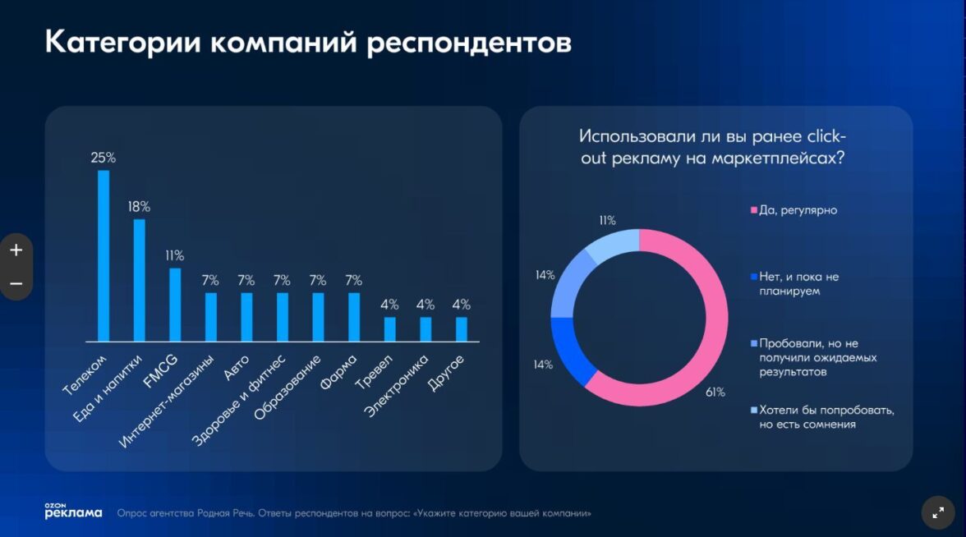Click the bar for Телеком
[103, 255]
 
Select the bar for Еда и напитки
[139, 280]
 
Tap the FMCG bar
[175, 304]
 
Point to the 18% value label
[139, 207]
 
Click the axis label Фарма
[338, 371]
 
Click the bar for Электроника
[425, 328]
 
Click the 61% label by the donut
[715, 392]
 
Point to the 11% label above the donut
[607, 220]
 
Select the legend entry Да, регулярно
[797, 211]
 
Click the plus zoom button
[16, 250]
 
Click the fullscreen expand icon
[938, 512]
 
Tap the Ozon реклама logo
[73, 511]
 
